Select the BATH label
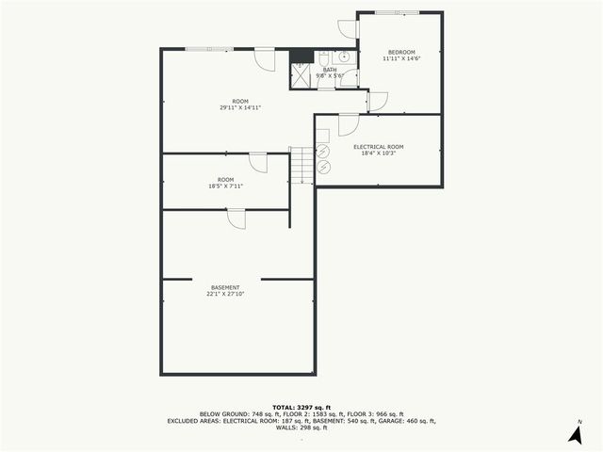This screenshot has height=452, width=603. tap(329, 69)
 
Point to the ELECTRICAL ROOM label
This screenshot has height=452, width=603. tap(378, 146)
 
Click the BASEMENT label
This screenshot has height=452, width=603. tap(225, 287)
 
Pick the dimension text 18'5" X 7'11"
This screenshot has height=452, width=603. tap(226, 186)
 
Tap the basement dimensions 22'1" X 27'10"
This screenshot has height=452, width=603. tap(225, 295)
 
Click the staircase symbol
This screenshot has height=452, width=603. tap(300, 166)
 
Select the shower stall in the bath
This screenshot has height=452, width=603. tap(301, 76)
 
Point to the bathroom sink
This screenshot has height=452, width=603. tap(346, 56)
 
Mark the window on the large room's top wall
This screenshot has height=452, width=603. tap(204, 49)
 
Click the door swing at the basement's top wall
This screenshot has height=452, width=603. tap(236, 218)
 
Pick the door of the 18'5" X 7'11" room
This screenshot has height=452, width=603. tap(258, 162)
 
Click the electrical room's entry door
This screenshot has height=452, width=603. tap(348, 123)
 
